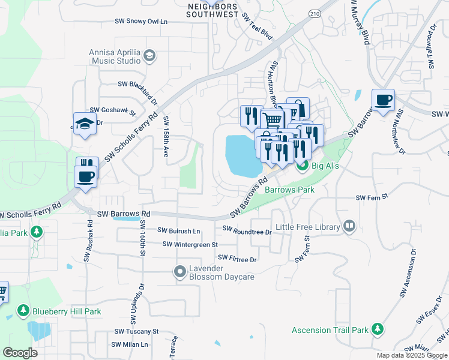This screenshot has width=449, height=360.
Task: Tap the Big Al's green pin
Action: tap(303, 166)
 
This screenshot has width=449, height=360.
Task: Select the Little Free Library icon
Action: tap(349, 226)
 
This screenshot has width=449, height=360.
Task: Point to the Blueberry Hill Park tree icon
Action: tap(23, 311)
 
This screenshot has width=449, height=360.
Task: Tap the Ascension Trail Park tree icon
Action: tap(377, 329)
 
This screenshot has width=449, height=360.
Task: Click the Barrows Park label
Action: tap(289, 190)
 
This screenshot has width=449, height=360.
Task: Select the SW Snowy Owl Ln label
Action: tap(141, 21)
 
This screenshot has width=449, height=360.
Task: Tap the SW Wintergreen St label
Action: tap(190, 244)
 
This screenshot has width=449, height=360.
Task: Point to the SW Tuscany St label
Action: tap(136, 331)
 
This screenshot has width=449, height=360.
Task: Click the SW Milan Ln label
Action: tap(129, 344)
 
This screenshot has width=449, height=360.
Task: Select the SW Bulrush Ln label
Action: tap(178, 230)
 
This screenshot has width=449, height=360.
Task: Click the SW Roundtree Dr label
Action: tap(247, 229)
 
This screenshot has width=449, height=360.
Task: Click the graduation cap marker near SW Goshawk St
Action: tap(85, 124)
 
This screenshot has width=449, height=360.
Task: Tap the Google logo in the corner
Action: tap(20, 353)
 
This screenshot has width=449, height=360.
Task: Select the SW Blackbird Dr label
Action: tap(137, 86)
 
